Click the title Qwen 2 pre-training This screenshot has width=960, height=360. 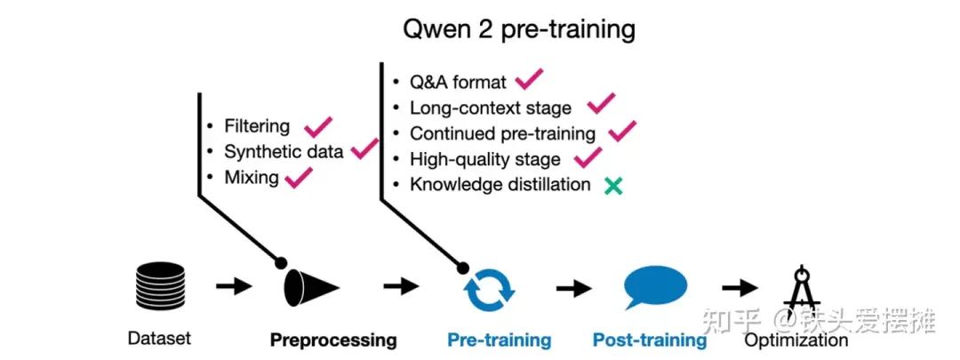pos(520,28)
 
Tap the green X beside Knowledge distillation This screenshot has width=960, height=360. pos(612,186)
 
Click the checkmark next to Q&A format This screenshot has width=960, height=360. pos(529,80)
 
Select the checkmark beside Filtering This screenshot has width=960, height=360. pos(318,127)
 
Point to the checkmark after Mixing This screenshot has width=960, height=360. pos(297,177)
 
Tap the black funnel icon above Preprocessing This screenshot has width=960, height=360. pos(310,285)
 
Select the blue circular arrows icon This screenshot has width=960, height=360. pos(489,288)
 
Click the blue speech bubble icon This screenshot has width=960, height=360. pos(655,287)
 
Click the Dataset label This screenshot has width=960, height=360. pos(159,339)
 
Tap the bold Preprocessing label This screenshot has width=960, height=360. pos(333,340)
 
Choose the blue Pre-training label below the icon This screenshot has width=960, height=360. pos(499,340)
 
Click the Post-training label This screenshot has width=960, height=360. pos(650,340)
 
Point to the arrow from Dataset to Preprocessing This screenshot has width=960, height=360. pos(234,286)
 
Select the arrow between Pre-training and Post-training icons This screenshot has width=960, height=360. pos(574,287)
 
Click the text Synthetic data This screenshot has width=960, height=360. pos(284,152)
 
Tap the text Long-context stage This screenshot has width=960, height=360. pos(491,108)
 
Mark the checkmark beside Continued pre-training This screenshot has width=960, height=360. pos(623,132)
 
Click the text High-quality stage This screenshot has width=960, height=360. pos(485,160)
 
